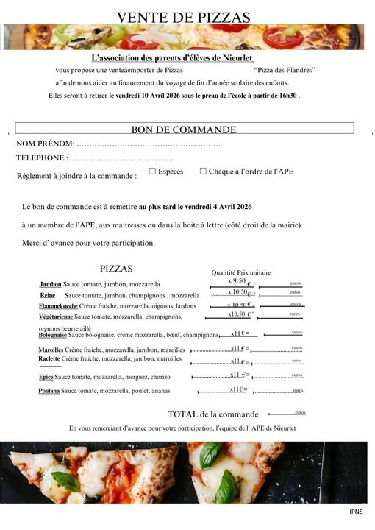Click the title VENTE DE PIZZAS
183,17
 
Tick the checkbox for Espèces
152,171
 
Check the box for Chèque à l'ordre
203,171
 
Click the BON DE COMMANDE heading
184,130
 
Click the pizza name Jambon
50,283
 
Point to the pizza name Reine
48,295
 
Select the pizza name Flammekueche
58,305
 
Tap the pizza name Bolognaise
53,335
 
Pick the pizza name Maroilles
51,350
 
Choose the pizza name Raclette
49,358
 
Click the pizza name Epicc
46,377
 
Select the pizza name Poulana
49,391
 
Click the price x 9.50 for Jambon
237,280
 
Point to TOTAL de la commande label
213,414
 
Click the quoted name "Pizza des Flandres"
284,70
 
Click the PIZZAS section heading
116,269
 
